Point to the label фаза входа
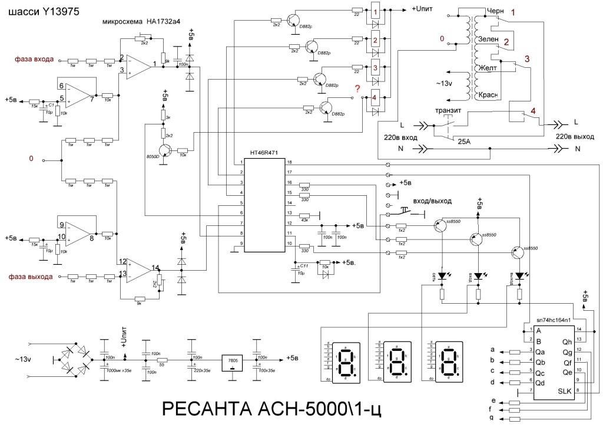35,59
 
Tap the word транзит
448,110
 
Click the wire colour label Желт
488,68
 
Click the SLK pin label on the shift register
565,392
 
